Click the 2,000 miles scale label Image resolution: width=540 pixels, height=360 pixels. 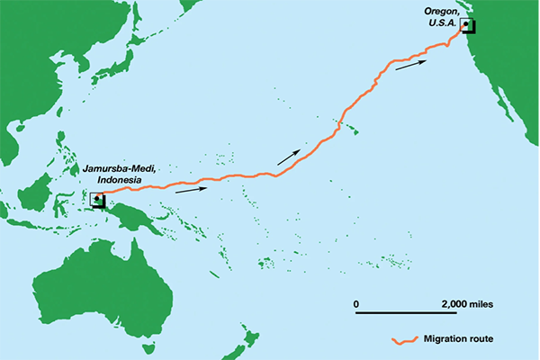467,303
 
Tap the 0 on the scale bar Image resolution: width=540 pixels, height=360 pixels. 356,303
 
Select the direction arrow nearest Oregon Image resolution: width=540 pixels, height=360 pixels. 409,64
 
